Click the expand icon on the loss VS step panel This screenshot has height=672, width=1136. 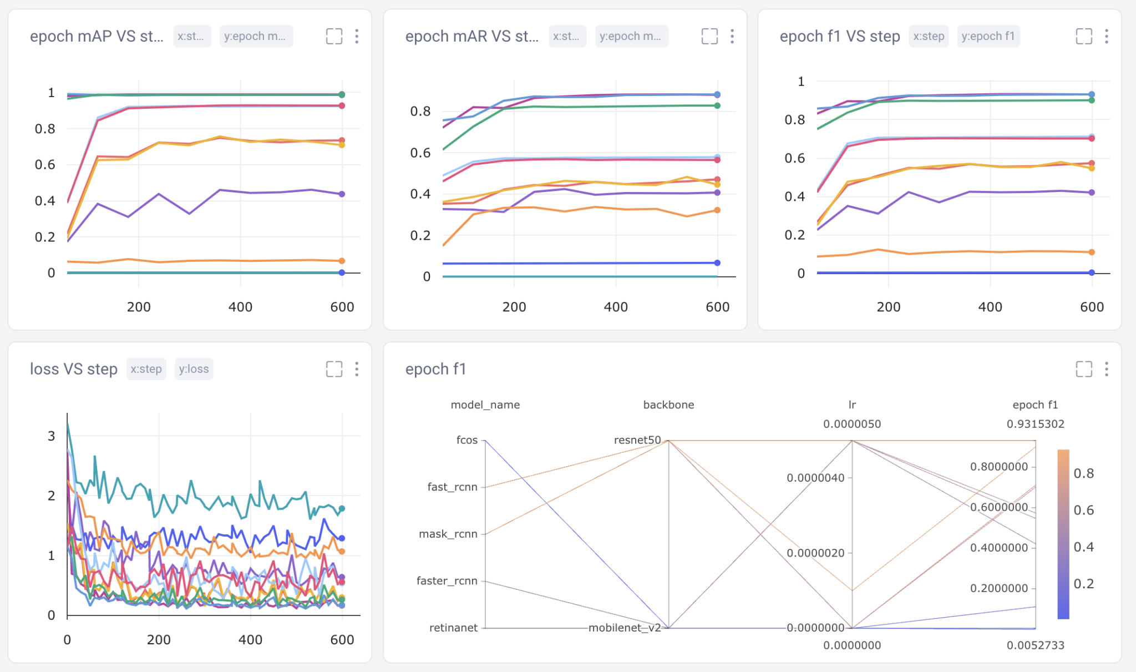click(x=334, y=369)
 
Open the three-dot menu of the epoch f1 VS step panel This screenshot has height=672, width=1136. click(x=1106, y=37)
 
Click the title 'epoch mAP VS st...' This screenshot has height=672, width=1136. click(x=97, y=37)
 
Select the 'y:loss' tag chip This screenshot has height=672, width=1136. click(x=194, y=369)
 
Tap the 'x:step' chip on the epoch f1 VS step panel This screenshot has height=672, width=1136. click(x=928, y=37)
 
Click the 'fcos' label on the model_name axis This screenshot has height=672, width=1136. click(x=466, y=440)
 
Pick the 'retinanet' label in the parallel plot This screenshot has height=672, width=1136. click(x=453, y=628)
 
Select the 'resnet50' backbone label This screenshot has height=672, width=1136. click(x=637, y=440)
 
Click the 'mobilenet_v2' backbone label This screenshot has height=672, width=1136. click(x=625, y=628)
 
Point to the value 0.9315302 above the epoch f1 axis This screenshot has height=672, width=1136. click(x=1035, y=424)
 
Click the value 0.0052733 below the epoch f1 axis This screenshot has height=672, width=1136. click(x=1035, y=645)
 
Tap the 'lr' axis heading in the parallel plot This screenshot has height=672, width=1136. click(x=852, y=405)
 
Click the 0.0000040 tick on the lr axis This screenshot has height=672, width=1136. click(x=815, y=478)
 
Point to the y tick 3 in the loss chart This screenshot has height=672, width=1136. click(x=52, y=436)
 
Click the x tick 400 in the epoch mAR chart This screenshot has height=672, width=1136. click(x=616, y=307)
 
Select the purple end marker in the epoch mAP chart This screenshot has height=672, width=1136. click(x=342, y=194)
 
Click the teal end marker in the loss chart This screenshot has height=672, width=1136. click(x=342, y=508)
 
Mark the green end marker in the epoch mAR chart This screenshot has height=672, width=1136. click(x=717, y=105)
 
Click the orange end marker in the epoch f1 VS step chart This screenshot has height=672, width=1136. click(x=1092, y=252)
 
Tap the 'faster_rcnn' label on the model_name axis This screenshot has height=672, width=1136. click(x=447, y=581)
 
